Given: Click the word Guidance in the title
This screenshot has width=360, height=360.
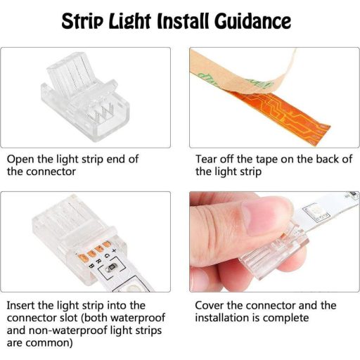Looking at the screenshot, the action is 252,22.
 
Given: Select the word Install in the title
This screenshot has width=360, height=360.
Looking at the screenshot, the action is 182,21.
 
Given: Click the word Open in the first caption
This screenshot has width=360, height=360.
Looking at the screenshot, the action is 20,160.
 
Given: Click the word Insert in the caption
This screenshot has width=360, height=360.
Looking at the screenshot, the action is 20,305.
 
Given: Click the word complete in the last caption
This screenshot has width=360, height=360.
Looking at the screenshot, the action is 285,319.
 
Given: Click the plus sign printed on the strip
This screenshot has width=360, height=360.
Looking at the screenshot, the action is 114,250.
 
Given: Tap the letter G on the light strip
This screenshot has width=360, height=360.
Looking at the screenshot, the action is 107,256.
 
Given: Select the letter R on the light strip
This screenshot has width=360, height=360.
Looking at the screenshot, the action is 99,261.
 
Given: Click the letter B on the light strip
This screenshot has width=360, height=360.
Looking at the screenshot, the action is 91,266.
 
